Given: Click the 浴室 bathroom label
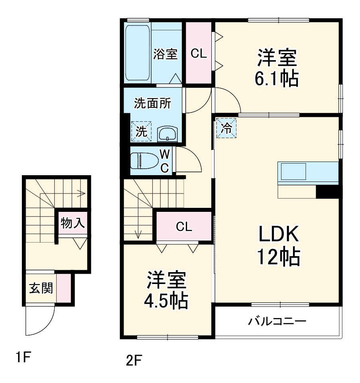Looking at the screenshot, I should tap(165, 54).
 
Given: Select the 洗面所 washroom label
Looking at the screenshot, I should tap(152, 103).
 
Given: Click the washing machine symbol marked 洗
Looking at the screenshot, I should tap(142, 131).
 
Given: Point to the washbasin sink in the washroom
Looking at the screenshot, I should tap(167, 134).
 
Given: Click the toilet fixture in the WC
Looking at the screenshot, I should tap(143, 161).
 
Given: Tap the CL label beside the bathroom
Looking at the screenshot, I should tap(199, 54).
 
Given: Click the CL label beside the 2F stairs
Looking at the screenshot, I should tap(184, 227).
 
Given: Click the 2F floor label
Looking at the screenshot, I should tap(134, 361).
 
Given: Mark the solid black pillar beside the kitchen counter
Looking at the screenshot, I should tap(327, 192).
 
